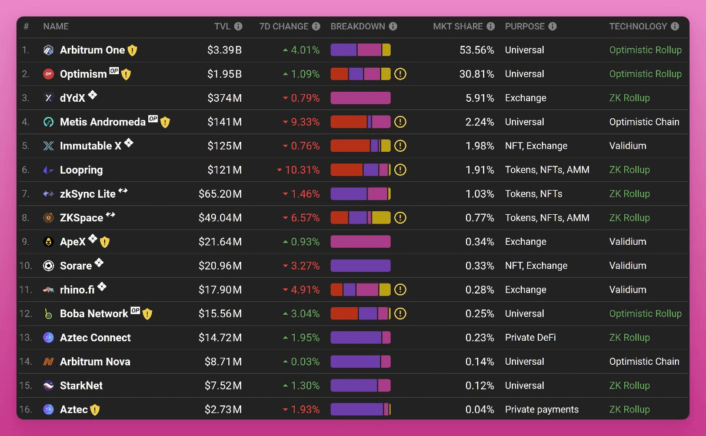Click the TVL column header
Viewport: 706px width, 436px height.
click(x=222, y=26)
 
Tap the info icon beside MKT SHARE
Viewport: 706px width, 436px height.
click(x=491, y=26)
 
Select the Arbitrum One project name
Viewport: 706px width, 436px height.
click(x=92, y=51)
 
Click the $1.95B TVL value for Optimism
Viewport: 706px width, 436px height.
click(x=224, y=74)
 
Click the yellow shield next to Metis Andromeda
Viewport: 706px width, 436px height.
click(x=165, y=122)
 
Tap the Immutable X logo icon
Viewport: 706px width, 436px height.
click(x=48, y=146)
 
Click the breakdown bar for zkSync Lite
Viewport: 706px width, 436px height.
click(x=361, y=194)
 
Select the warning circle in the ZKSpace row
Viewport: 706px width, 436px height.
click(x=400, y=218)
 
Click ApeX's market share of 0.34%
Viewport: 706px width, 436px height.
click(x=479, y=242)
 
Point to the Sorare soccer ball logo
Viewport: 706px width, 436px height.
click(x=48, y=266)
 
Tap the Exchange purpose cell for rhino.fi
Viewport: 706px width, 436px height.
click(x=525, y=289)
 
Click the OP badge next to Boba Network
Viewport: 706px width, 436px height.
click(x=135, y=311)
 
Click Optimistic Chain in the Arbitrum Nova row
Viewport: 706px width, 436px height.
click(x=644, y=362)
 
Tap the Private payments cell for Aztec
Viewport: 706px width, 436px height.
click(x=541, y=410)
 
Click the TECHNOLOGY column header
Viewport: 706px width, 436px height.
click(x=638, y=26)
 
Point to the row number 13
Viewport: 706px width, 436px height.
click(x=25, y=338)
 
